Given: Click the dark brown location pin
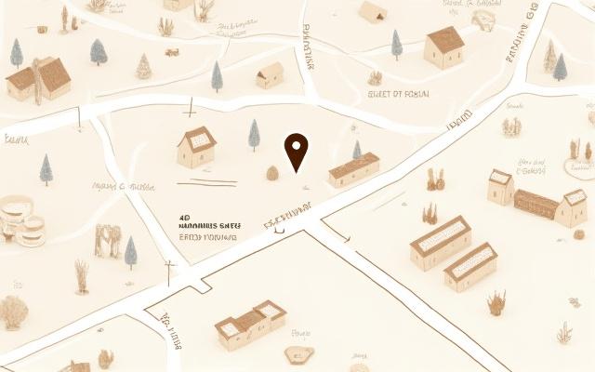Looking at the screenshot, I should coord(296,151).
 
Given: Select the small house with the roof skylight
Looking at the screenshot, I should coord(196,147).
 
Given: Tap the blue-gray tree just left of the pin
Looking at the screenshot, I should coord(254,134).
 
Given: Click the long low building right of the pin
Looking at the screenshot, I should coord(354,169).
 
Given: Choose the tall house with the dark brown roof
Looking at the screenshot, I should coord(444,46).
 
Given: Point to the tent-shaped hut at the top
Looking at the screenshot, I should coord(373,12).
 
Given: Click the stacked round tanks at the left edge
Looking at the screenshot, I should coord(20,221).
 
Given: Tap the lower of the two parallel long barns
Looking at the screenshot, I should coord(470,267).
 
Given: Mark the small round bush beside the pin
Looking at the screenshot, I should coord(273,173).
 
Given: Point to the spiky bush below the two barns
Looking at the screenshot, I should coord(497,301).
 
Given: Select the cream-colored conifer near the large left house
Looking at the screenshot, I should coord(143,66).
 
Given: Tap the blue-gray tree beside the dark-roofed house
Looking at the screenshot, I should coord(397,44).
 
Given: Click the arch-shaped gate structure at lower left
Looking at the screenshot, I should coord(108,240).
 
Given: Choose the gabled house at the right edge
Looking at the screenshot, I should coord(571,208).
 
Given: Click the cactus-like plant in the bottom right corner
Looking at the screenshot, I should coord(564,332).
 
